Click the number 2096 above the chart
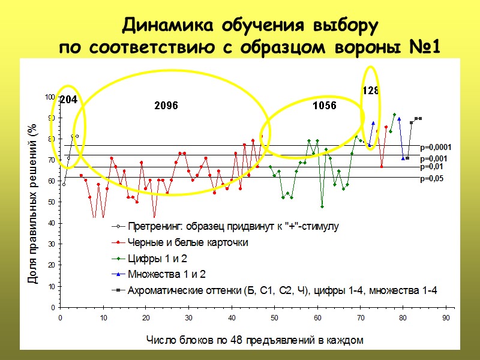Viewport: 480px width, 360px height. pyautogui.click(x=166, y=106)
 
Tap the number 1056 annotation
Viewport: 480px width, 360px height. pyautogui.click(x=325, y=106)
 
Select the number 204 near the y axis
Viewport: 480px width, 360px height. pyautogui.click(x=68, y=100)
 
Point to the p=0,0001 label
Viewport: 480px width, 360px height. pyautogui.click(x=436, y=147)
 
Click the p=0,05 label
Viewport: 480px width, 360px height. pyautogui.click(x=432, y=179)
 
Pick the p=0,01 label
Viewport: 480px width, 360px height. pyautogui.click(x=432, y=166)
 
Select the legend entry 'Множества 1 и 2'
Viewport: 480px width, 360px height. pyautogui.click(x=166, y=274)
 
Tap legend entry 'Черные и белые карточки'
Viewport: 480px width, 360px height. pyautogui.click(x=187, y=242)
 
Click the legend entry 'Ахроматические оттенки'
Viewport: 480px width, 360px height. pyautogui.click(x=282, y=290)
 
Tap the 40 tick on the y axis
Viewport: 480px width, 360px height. pyautogui.click(x=51, y=223)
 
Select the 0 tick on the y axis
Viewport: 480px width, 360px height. pyautogui.click(x=53, y=307)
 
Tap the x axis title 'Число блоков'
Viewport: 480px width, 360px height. pyautogui.click(x=255, y=340)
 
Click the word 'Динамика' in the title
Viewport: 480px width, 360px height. pyautogui.click(x=164, y=27)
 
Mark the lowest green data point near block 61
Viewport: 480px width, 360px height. pyautogui.click(x=322, y=206)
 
